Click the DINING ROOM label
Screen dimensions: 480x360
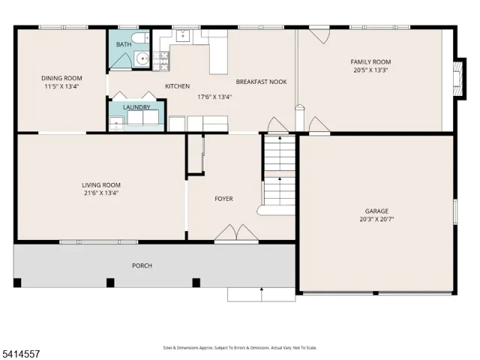(61, 78)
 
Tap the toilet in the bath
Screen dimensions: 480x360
(140, 38)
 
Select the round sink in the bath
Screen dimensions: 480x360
(142, 58)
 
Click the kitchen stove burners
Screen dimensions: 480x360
(160, 61)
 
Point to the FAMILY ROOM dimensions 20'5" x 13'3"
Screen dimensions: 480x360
(370, 70)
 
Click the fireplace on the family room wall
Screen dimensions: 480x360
(458, 78)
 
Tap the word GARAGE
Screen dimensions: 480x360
(376, 211)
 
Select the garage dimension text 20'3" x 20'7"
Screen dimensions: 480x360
(376, 219)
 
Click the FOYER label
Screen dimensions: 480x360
(223, 199)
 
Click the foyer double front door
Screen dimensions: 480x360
(236, 233)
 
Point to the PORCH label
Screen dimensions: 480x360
(142, 265)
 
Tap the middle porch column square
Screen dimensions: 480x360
(110, 283)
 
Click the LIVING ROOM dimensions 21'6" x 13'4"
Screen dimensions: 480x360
(101, 193)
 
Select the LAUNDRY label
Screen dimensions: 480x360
(136, 107)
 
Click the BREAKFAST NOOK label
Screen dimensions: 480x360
(262, 82)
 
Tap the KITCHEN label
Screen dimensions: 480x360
(177, 86)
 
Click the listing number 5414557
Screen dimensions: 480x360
(20, 354)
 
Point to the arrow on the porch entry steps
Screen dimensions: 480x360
(262, 295)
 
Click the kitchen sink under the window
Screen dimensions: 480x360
(183, 35)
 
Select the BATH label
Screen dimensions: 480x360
(124, 45)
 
